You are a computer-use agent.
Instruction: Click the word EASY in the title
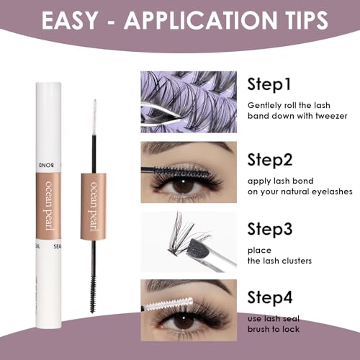(69, 20)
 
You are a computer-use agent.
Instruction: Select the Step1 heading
(269, 84)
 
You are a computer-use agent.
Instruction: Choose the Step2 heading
(270, 160)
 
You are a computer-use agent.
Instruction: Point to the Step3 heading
(270, 229)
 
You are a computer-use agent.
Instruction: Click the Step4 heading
(270, 297)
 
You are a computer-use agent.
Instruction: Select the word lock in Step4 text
(291, 329)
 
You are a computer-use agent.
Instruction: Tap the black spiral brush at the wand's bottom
(93, 294)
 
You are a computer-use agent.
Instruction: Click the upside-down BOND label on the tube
(46, 166)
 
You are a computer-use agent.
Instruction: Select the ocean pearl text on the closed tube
(49, 205)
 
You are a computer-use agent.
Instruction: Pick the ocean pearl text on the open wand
(94, 206)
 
